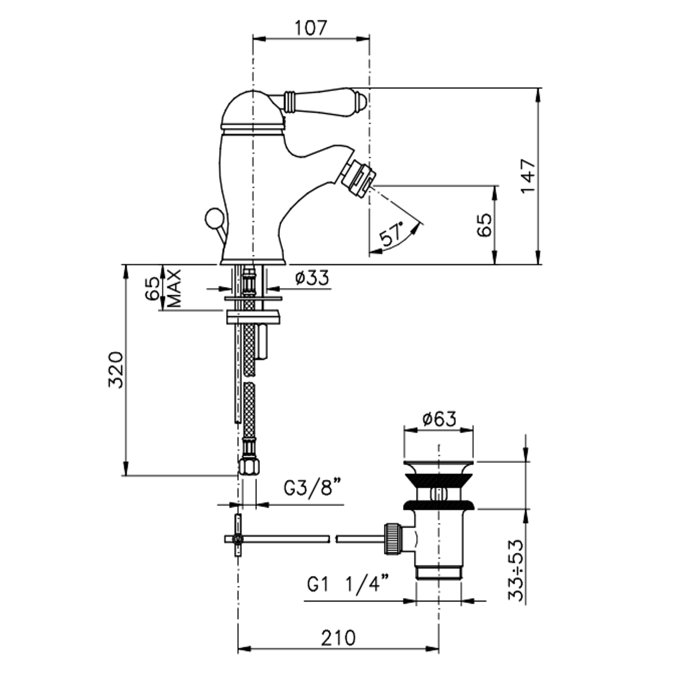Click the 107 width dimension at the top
[311, 28]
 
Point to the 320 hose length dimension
[116, 370]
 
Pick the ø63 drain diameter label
[439, 419]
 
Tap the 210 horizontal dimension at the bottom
[338, 638]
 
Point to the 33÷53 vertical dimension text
[516, 570]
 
